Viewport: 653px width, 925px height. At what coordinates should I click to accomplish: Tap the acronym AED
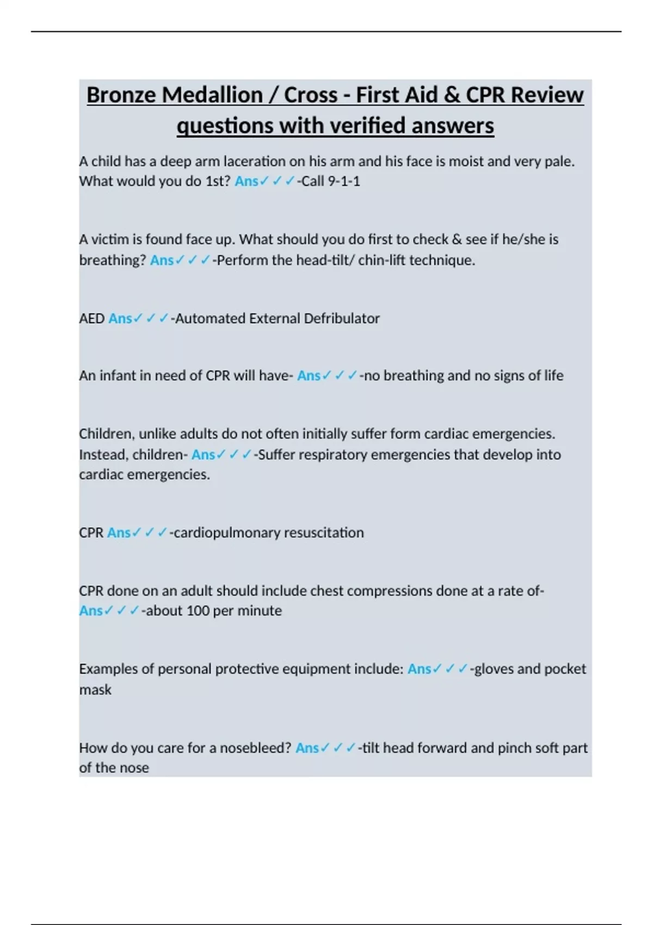(91, 318)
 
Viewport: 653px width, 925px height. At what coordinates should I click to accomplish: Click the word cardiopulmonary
(225, 532)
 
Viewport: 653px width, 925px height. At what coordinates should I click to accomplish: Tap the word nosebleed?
(256, 748)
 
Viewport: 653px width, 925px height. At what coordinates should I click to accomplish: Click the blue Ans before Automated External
(120, 318)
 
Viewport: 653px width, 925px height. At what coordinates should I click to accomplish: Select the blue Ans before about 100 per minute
(91, 610)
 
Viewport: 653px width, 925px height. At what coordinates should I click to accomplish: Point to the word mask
(95, 690)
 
